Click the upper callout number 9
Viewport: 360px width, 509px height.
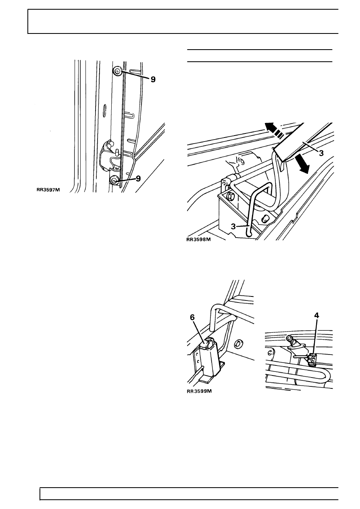pyautogui.click(x=153, y=79)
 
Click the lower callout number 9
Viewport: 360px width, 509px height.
pyautogui.click(x=138, y=179)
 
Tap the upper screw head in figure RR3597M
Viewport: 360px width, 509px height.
pyautogui.click(x=117, y=71)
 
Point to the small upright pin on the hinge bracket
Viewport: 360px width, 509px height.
pyautogui.click(x=117, y=152)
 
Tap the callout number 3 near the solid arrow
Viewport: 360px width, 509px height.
pyautogui.click(x=321, y=153)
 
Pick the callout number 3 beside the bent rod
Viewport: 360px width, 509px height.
pyautogui.click(x=233, y=227)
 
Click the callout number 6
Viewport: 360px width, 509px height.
pyautogui.click(x=192, y=317)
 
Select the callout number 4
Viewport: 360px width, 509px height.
pyautogui.click(x=316, y=315)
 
